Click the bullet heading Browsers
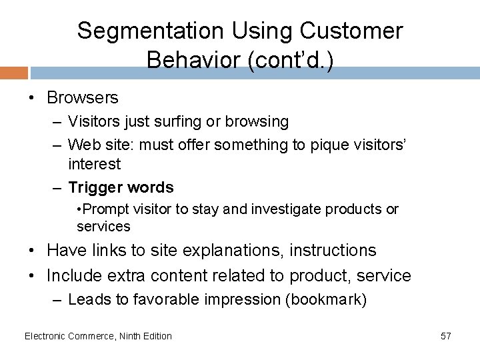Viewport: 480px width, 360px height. (x=82, y=98)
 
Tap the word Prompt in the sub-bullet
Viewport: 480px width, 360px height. (x=102, y=209)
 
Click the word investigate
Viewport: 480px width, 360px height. (x=289, y=209)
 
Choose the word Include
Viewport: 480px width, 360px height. (x=75, y=275)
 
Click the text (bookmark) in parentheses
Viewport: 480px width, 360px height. (x=325, y=300)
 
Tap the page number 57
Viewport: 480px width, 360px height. (x=445, y=336)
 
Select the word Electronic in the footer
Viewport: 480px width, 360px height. (x=45, y=336)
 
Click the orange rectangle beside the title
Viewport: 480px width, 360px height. (x=14, y=73)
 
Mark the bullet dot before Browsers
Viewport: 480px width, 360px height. (x=33, y=99)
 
